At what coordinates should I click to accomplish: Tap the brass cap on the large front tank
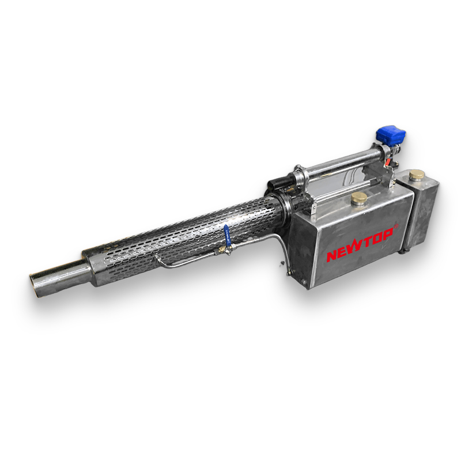[358, 198]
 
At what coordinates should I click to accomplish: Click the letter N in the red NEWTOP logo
[334, 255]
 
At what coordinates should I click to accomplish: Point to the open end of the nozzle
[35, 286]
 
